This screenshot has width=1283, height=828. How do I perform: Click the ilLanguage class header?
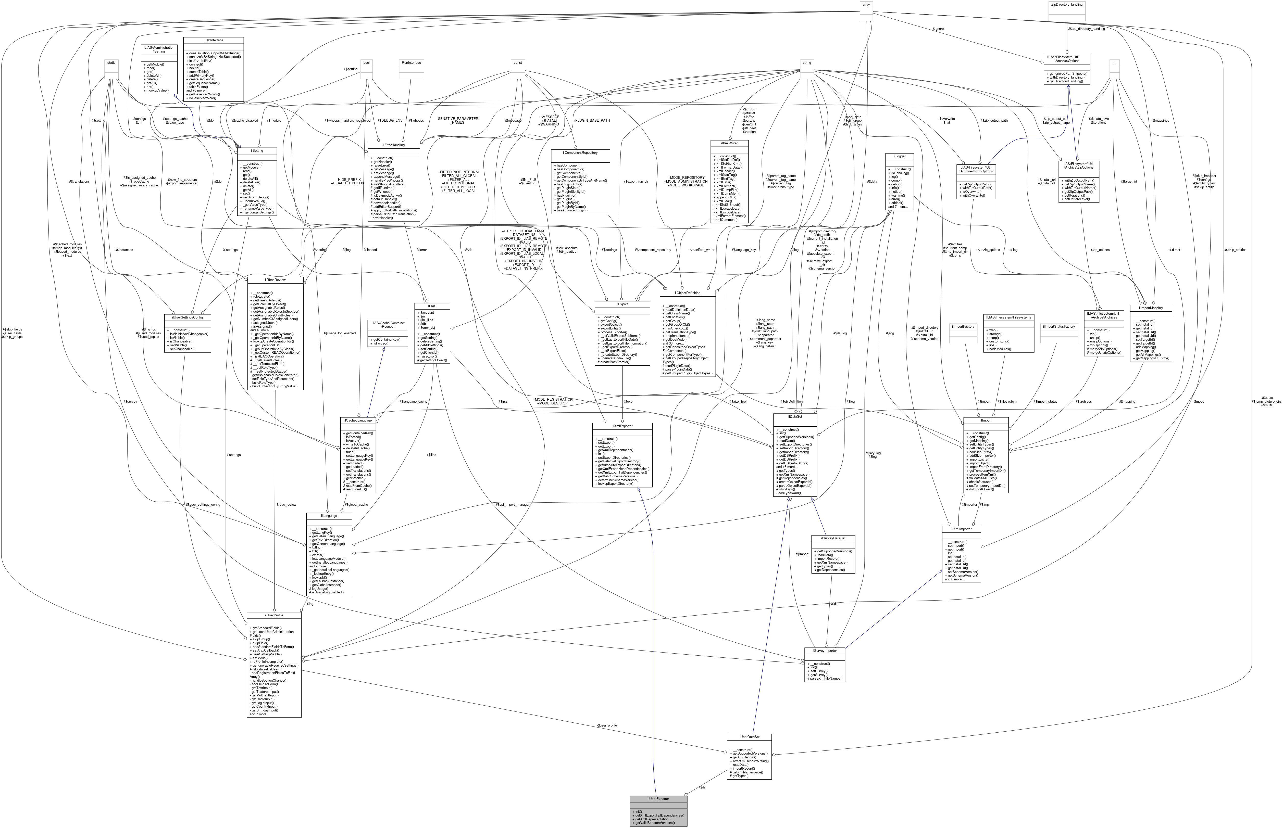tap(329, 516)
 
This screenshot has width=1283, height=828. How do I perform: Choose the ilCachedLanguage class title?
tap(358, 420)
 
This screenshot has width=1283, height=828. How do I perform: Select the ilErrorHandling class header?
tap(393, 145)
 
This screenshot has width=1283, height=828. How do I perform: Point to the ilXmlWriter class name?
tap(729, 144)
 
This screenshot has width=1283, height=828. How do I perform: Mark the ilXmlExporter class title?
tap(622, 426)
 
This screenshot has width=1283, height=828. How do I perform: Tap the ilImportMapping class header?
tap(1151, 308)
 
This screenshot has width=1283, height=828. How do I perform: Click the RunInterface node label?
tap(411, 62)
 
